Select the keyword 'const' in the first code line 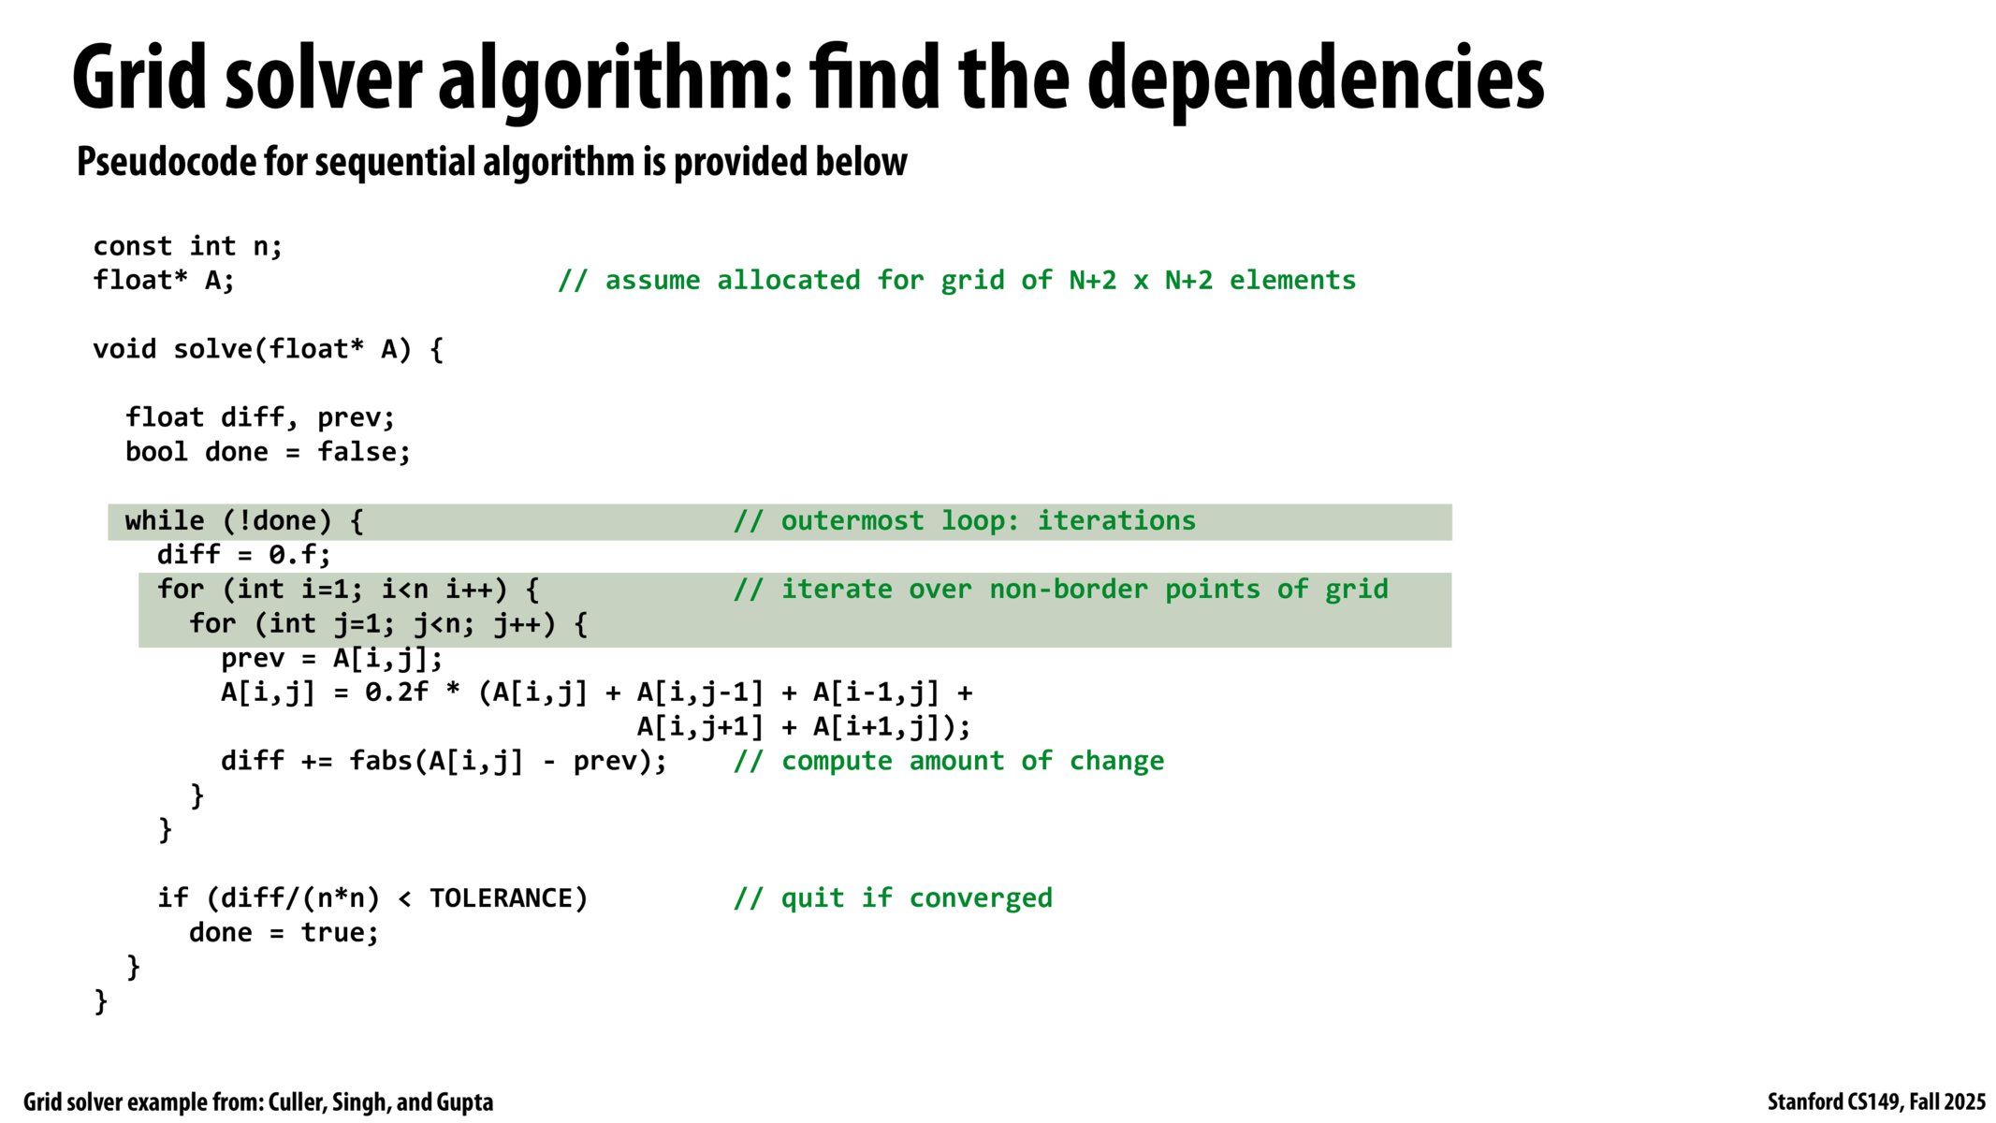click(133, 246)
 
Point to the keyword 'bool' click(157, 452)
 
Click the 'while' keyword click(165, 520)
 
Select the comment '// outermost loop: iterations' click(965, 520)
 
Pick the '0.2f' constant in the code click(397, 693)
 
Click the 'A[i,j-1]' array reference click(700, 693)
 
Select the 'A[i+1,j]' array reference click(877, 727)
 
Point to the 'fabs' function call click(381, 761)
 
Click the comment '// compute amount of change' click(949, 761)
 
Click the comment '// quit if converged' click(893, 898)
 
